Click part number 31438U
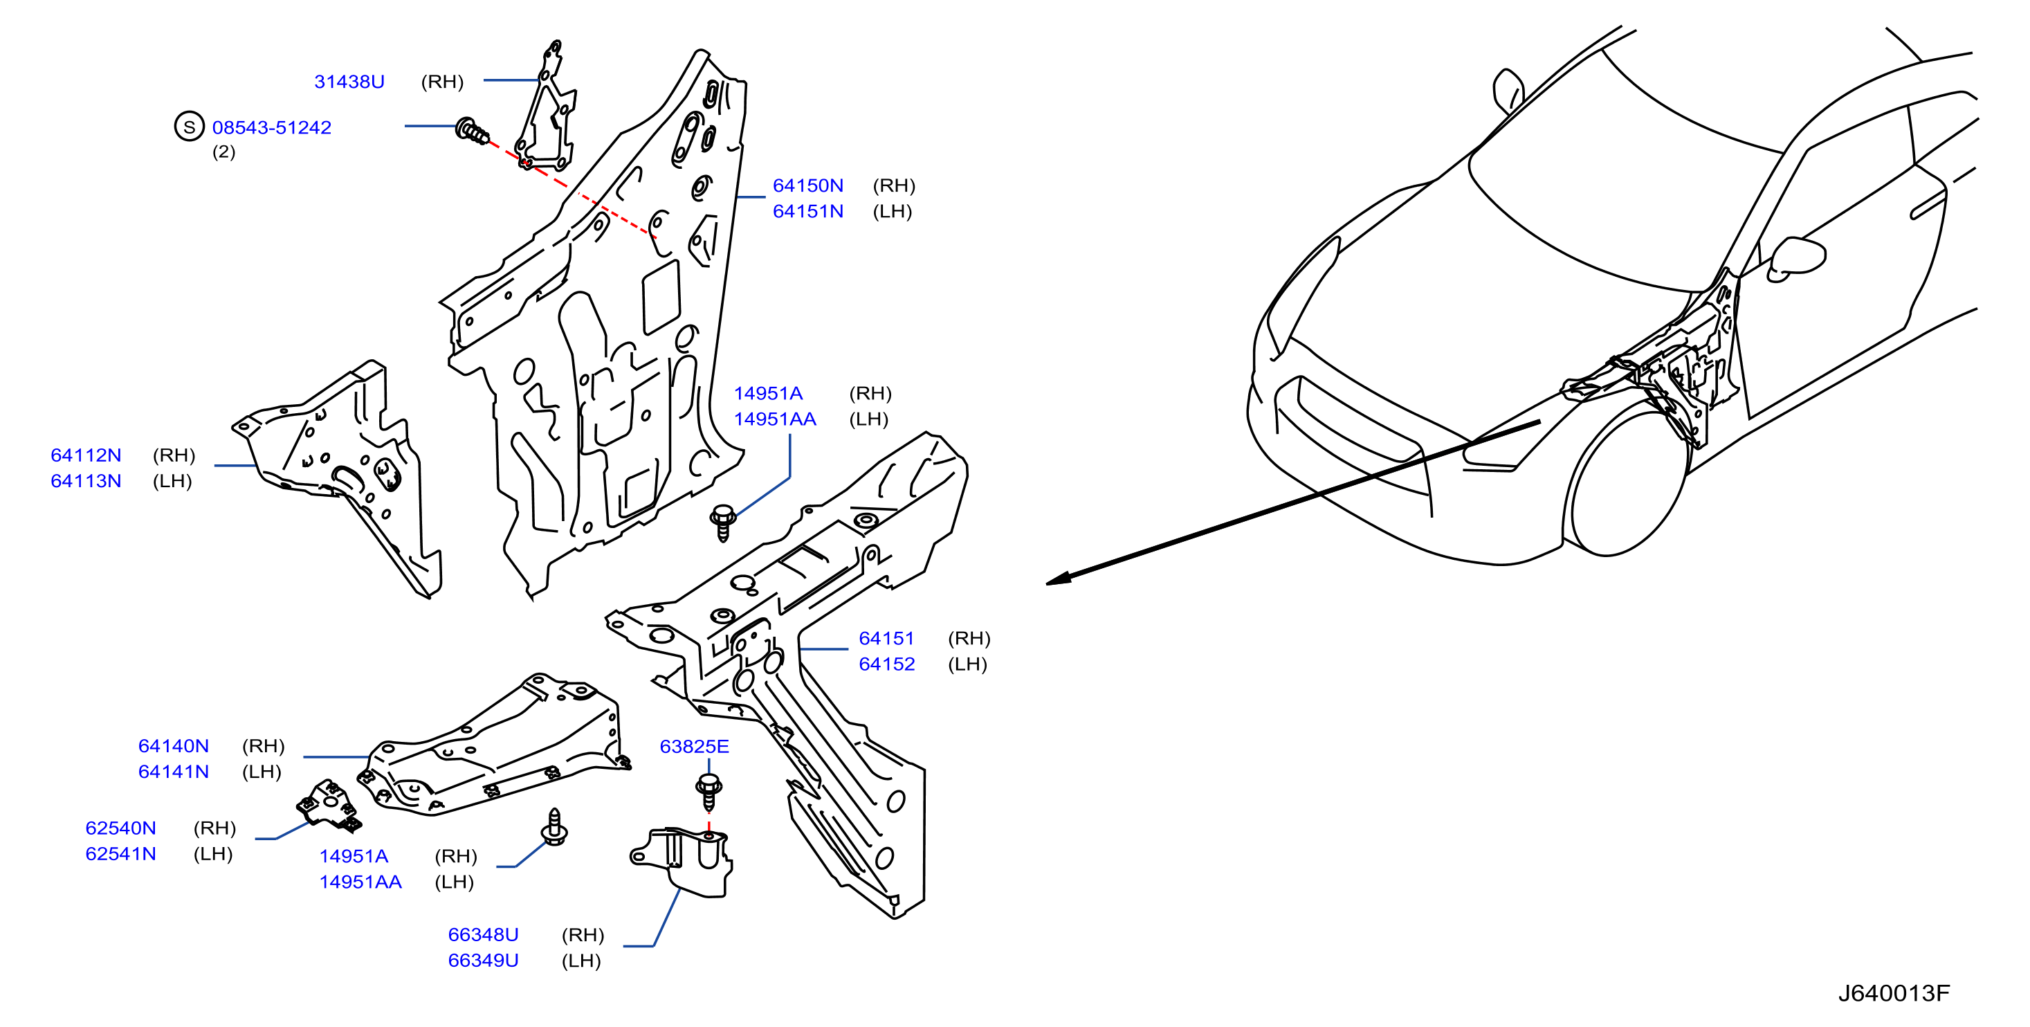pyautogui.click(x=349, y=82)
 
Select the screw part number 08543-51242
pyautogui.click(x=272, y=128)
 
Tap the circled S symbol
pyautogui.click(x=189, y=126)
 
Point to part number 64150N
pyautogui.click(x=807, y=186)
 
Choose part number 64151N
pyautogui.click(x=807, y=211)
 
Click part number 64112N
pyautogui.click(x=86, y=455)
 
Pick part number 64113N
pyautogui.click(x=86, y=481)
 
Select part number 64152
pyautogui.click(x=886, y=664)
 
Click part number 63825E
pyautogui.click(x=694, y=747)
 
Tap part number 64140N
pyautogui.click(x=174, y=747)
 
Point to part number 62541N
pyautogui.click(x=120, y=855)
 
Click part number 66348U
pyautogui.click(x=483, y=935)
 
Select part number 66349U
pyautogui.click(x=483, y=961)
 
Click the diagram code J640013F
pyautogui.click(x=1894, y=993)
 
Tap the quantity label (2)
pyautogui.click(x=223, y=152)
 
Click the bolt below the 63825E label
pyautogui.click(x=709, y=792)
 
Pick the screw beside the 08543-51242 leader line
pyautogui.click(x=472, y=131)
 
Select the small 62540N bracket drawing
pyautogui.click(x=329, y=805)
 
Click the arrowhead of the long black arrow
pyautogui.click(x=1058, y=579)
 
